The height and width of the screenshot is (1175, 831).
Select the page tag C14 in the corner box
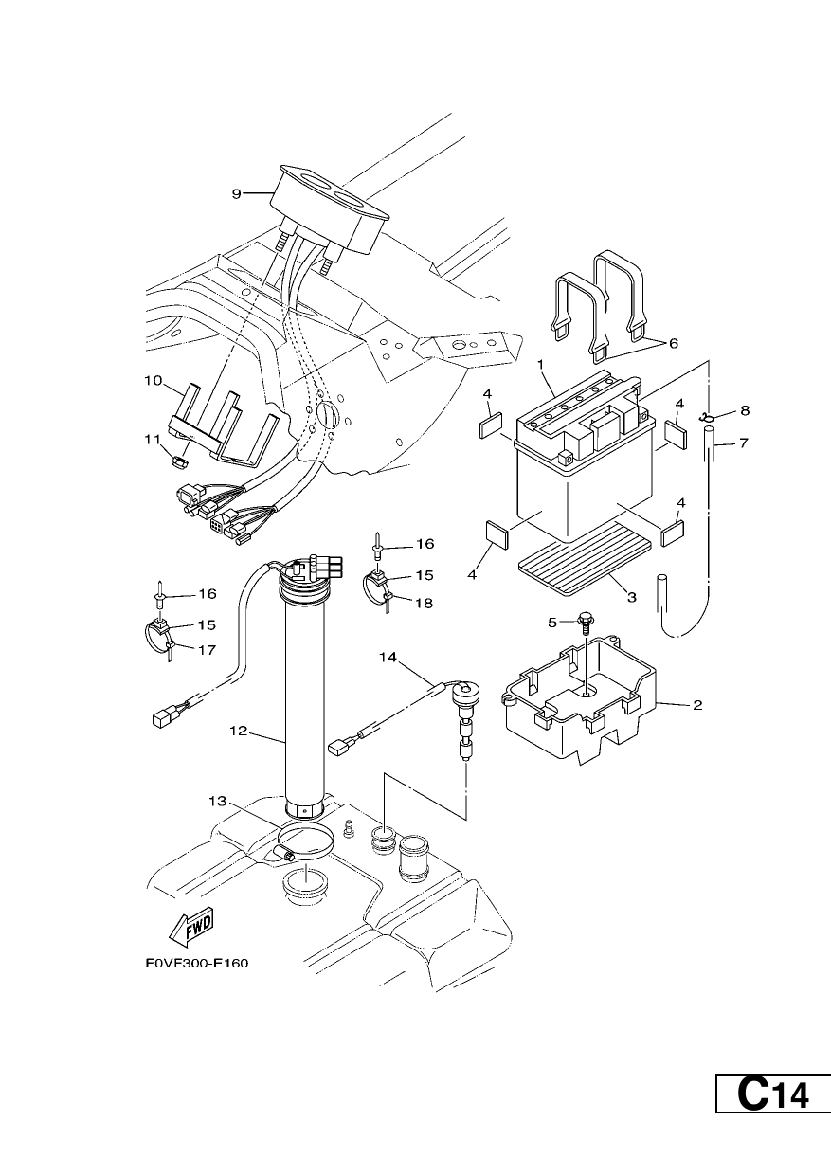(773, 1111)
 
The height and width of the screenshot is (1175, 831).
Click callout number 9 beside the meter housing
(237, 194)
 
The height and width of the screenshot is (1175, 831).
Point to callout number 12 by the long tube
(238, 731)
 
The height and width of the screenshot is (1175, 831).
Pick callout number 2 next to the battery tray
(697, 706)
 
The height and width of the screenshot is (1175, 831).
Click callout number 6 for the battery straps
(673, 343)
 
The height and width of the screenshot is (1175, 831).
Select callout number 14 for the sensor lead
(388, 657)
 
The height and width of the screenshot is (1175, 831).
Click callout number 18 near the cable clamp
(424, 604)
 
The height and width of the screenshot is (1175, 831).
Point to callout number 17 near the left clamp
(207, 650)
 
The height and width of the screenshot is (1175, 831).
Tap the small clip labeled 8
(705, 418)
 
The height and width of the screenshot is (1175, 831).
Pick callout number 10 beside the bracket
(154, 381)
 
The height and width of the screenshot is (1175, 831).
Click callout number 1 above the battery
(541, 363)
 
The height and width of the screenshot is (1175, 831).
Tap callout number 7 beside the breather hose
(743, 443)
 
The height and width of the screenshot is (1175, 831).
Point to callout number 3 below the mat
(632, 598)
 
